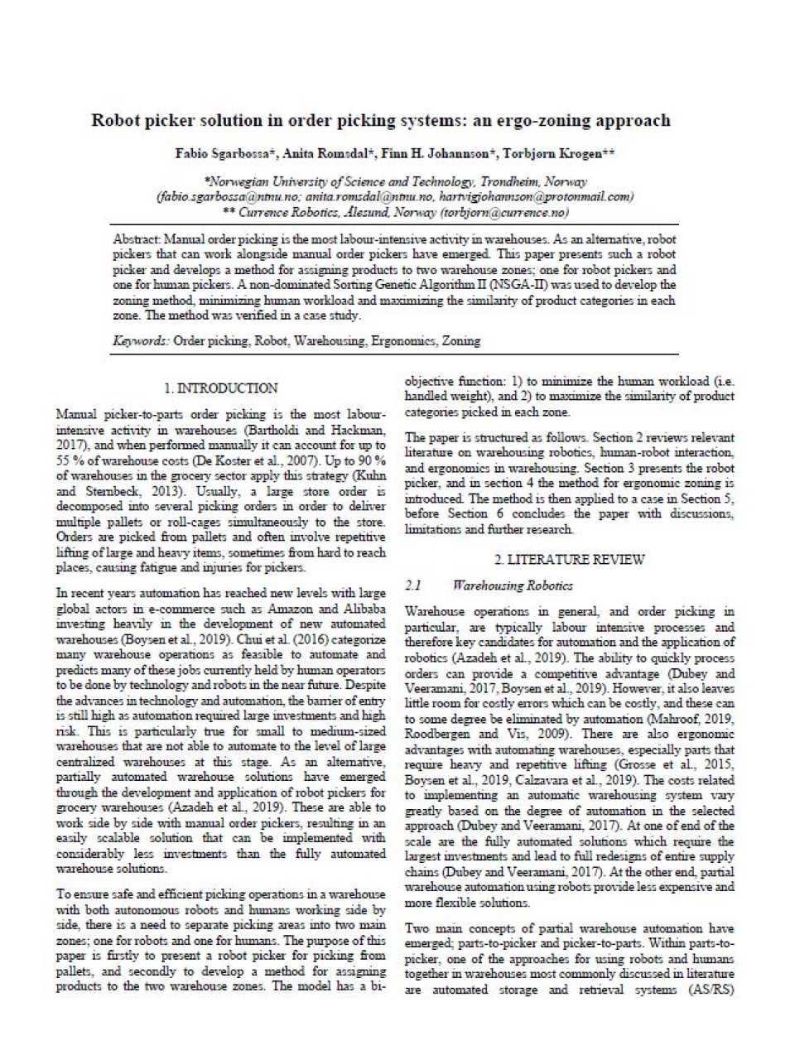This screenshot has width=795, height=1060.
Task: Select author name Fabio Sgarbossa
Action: click(x=220, y=154)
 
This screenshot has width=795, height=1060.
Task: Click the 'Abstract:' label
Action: click(x=137, y=239)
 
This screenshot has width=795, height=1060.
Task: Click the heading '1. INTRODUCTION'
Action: click(x=220, y=388)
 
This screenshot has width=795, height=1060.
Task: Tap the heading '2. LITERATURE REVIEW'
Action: click(x=569, y=560)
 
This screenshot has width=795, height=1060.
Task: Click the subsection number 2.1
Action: click(x=413, y=585)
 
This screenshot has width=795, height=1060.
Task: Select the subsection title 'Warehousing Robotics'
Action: click(x=512, y=585)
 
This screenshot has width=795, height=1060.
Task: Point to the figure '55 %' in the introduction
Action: click(x=70, y=460)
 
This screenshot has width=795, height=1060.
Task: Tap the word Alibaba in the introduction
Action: click(x=362, y=609)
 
